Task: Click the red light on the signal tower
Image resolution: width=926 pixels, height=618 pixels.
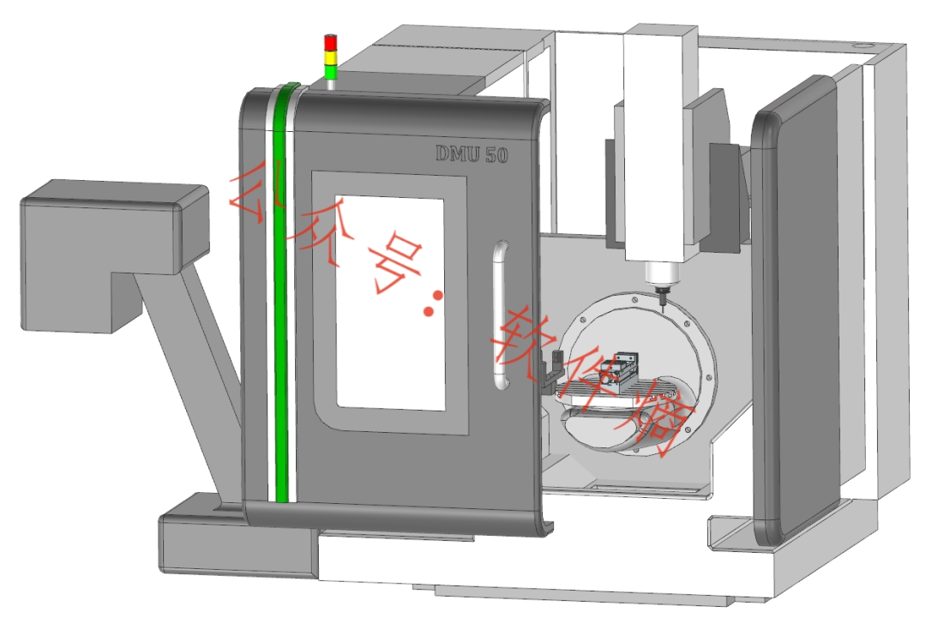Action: [331, 43]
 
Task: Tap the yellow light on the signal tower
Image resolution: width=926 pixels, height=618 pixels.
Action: [331, 57]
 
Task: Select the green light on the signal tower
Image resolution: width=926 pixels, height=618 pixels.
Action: [331, 72]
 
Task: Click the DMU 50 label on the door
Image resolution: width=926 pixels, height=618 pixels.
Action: [472, 154]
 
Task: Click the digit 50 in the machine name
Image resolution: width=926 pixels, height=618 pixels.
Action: [496, 154]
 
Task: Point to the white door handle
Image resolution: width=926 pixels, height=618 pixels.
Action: [501, 315]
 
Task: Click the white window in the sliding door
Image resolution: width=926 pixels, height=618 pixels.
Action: [390, 303]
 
